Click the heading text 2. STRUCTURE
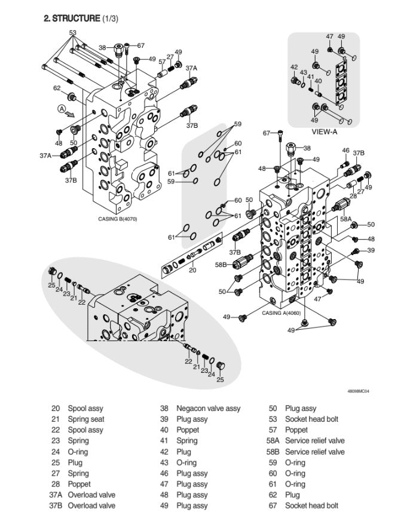coord(72,19)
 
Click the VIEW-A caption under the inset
coord(325,131)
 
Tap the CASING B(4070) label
coord(117,219)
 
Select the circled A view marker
coord(61,108)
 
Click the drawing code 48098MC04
coord(358,391)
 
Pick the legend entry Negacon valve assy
coord(208,409)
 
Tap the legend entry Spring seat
coord(87,419)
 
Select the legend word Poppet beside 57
coord(296,430)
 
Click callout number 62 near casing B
coord(57,88)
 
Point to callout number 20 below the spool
coord(192,270)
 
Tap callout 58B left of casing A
coord(221,264)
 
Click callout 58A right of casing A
coord(345,219)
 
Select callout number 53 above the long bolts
coord(73,33)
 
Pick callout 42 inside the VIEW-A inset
coord(294,67)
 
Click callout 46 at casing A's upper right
coord(345,151)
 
